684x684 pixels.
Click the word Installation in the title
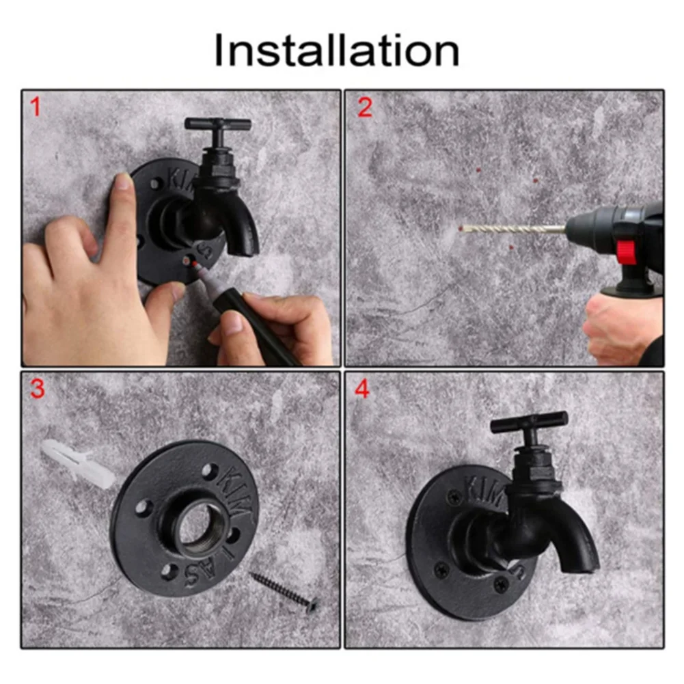pos(336,51)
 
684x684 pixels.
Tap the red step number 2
pos(365,107)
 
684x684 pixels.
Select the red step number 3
pos(37,389)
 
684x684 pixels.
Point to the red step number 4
pos(361,389)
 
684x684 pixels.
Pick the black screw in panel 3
pos(283,589)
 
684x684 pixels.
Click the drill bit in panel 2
pos(512,229)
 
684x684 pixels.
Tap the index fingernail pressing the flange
pos(124,181)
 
